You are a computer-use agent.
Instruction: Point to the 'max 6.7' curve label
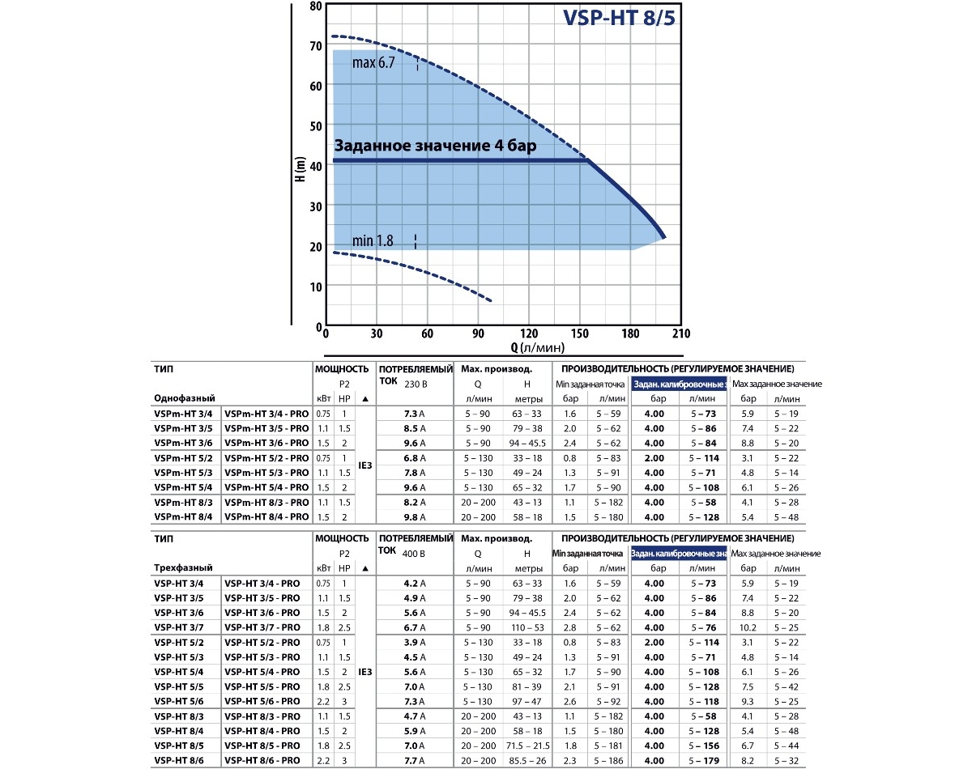[373, 62]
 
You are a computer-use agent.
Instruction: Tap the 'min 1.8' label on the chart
[373, 240]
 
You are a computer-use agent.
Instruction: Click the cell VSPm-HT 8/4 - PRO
[266, 517]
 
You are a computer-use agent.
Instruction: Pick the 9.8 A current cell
[415, 517]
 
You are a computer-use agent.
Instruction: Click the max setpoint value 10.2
[748, 627]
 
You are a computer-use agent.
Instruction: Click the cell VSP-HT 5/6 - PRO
[262, 701]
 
